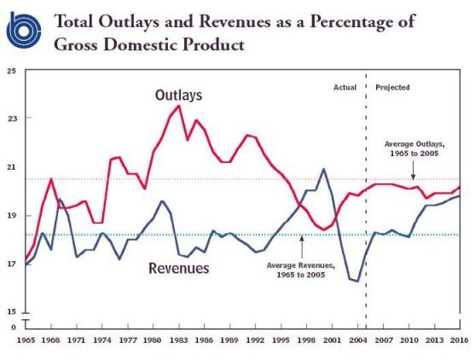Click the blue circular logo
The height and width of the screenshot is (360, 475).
(24, 30)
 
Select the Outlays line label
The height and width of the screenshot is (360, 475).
(179, 96)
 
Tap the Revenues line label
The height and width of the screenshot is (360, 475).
(179, 268)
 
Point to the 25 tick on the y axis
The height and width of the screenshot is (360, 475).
(11, 71)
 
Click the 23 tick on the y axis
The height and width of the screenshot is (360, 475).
(11, 118)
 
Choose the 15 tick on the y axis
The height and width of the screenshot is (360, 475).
(11, 312)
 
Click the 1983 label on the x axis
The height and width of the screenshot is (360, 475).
(179, 340)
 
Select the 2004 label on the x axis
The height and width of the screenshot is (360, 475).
(358, 340)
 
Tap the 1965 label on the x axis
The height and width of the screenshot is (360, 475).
(26, 340)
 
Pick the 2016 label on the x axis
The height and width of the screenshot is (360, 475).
(460, 340)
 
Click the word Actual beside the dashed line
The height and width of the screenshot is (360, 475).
(345, 88)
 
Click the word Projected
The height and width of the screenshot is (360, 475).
(392, 88)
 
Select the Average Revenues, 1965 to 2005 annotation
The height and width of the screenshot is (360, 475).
(301, 270)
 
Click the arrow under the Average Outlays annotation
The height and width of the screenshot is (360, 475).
(414, 170)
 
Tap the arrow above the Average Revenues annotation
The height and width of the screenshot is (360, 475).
(302, 247)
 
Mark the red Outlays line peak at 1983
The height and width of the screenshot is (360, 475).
(179, 106)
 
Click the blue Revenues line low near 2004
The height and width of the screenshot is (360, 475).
(358, 282)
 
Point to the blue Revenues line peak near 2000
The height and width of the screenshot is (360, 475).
(324, 169)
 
